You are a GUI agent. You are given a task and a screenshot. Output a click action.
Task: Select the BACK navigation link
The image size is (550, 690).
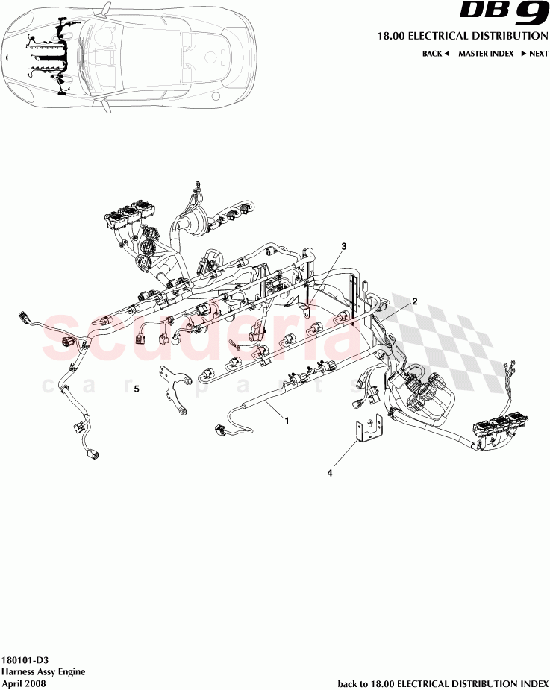(x=435, y=54)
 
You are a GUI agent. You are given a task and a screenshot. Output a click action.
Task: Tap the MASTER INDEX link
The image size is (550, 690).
(x=485, y=54)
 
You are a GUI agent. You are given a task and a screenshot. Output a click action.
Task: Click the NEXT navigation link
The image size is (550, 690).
(x=534, y=54)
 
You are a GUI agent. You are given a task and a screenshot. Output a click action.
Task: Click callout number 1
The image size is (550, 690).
(x=286, y=421)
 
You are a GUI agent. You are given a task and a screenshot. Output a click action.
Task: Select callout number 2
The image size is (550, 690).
(x=415, y=301)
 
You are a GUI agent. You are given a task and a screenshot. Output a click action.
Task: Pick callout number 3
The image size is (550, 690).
(x=344, y=246)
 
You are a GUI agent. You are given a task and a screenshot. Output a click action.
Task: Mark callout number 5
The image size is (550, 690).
(x=137, y=389)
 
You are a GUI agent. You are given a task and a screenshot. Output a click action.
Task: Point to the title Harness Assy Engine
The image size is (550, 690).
(x=43, y=671)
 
